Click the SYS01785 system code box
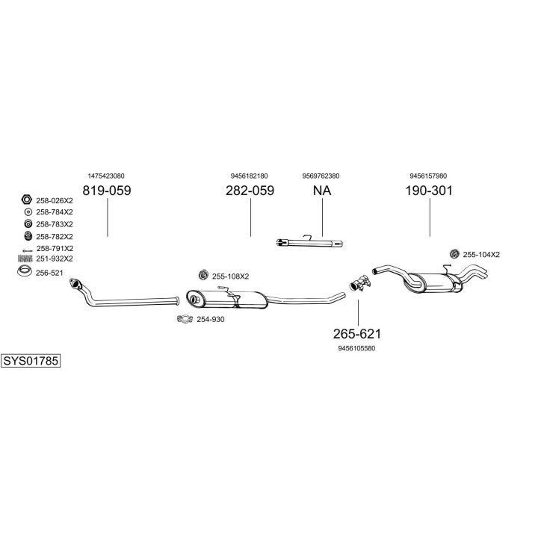[30, 361]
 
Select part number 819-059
[106, 191]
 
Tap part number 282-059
[250, 191]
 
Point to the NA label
[321, 191]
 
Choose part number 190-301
[429, 191]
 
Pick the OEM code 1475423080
[106, 176]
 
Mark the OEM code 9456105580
[356, 347]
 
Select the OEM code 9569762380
[321, 176]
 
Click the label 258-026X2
[55, 200]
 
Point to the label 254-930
[210, 320]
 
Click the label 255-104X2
[481, 255]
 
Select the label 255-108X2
[230, 276]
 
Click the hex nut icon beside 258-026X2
[25, 200]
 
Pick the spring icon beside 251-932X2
[25, 259]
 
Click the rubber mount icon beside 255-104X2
[454, 254]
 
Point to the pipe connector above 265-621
[360, 283]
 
